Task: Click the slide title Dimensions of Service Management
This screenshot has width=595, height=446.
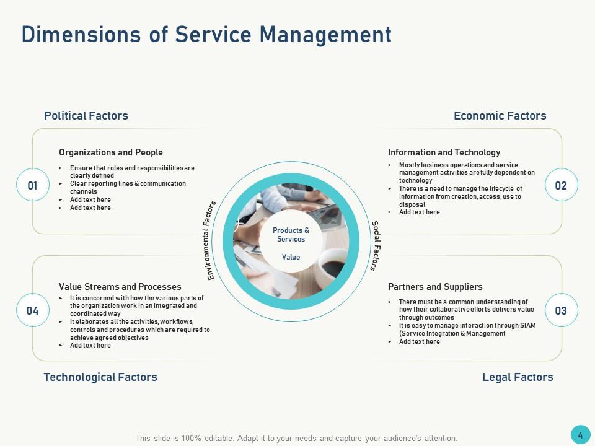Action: pos(206,34)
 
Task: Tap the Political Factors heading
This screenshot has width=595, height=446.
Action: pos(86,116)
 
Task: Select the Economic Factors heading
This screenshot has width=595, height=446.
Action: pos(500,116)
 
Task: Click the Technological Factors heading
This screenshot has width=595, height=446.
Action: pos(100,377)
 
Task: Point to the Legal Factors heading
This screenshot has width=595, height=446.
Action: pos(518,377)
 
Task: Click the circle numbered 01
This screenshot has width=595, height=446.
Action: pos(33,185)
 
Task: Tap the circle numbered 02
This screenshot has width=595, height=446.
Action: pos(561,185)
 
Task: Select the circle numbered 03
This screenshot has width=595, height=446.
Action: pos(561,311)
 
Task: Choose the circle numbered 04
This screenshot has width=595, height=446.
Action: pos(33,311)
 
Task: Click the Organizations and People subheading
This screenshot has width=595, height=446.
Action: pos(111,152)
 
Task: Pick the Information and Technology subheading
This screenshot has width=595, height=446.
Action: pos(444,152)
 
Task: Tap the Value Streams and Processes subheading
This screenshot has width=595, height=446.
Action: pos(120,287)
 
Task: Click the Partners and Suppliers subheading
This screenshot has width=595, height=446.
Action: pos(435,287)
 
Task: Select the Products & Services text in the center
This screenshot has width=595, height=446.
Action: pos(291,235)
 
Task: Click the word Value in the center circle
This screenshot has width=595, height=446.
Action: pos(291,257)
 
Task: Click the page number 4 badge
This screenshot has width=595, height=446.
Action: pos(580,435)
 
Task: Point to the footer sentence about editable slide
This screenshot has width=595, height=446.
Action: pos(296,438)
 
